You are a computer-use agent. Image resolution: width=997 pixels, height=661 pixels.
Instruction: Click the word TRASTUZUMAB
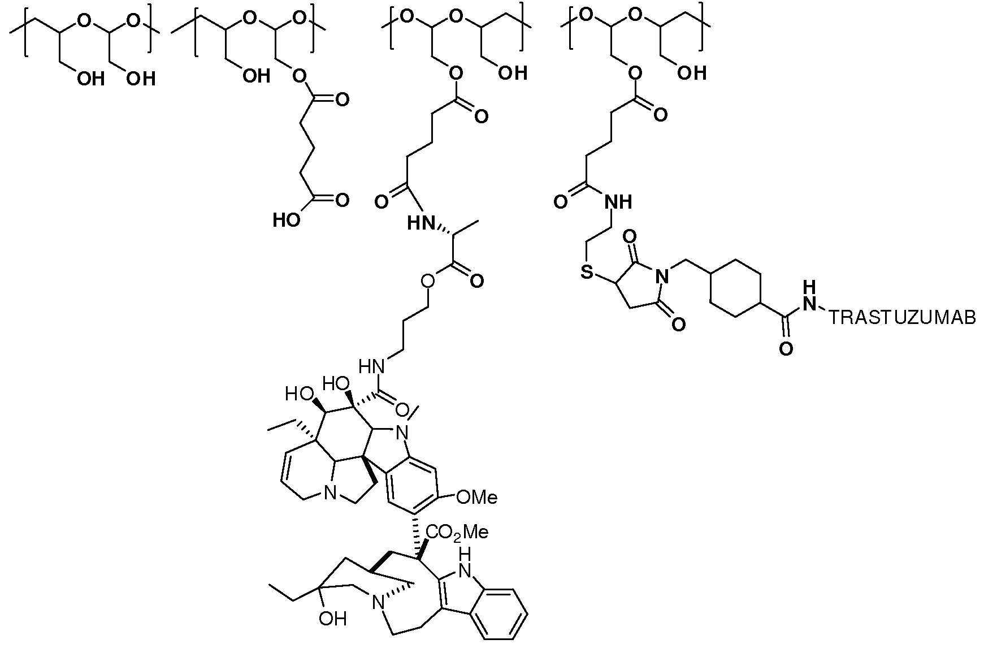coord(903,318)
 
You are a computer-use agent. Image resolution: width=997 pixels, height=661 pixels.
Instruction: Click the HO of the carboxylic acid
coord(287,219)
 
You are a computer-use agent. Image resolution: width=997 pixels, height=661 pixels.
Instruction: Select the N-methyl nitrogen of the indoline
coord(402,434)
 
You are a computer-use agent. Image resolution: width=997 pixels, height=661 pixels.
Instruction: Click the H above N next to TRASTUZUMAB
coord(810,286)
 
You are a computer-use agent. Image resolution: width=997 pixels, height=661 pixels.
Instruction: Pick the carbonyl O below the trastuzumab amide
coord(786,348)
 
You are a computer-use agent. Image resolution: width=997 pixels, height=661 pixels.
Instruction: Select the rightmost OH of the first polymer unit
coord(140,79)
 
